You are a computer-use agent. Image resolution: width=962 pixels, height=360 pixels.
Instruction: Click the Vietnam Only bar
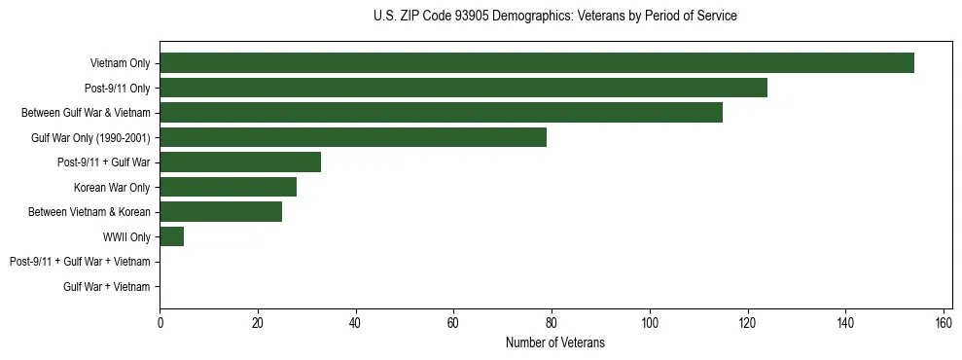(x=537, y=63)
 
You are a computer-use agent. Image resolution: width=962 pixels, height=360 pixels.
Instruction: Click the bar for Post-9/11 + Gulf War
(x=240, y=162)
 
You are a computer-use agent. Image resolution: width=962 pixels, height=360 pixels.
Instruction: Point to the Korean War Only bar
(x=228, y=187)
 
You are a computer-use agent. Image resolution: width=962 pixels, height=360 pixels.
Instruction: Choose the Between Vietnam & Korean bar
(x=221, y=212)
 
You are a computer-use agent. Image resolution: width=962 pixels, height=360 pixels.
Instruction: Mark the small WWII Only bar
(x=171, y=236)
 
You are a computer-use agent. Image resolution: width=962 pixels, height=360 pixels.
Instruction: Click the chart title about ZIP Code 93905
(x=554, y=17)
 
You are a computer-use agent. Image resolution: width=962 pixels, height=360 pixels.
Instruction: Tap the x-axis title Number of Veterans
(x=554, y=342)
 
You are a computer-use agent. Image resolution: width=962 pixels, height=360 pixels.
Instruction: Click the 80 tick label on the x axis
(x=552, y=323)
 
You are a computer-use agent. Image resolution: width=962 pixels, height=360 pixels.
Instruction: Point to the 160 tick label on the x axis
(x=943, y=323)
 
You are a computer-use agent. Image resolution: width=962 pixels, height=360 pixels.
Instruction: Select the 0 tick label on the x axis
(x=160, y=323)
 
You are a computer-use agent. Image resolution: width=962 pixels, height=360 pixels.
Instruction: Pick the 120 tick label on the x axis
(x=747, y=323)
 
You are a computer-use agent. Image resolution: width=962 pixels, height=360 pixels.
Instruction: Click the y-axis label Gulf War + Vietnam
(x=107, y=287)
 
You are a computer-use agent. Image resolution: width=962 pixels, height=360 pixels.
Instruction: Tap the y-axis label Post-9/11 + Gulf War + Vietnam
(x=80, y=262)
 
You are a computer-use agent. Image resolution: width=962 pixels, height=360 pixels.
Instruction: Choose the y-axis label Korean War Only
(x=112, y=188)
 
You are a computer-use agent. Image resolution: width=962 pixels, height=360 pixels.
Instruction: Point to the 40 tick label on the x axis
(x=355, y=323)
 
